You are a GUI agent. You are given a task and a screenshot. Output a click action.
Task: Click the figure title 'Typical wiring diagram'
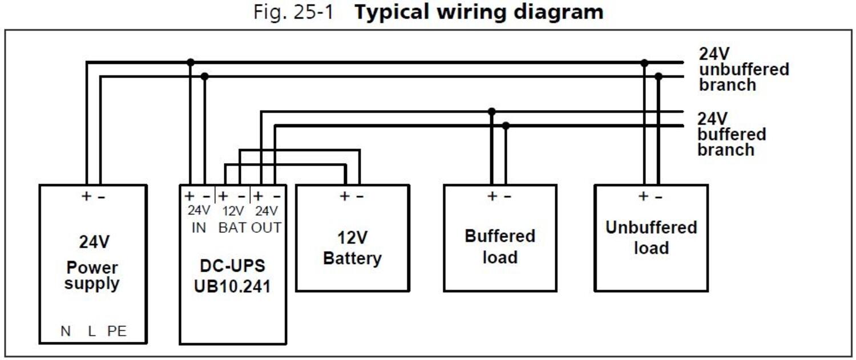pos(478,12)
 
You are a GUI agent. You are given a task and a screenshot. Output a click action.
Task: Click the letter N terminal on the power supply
pos(66,331)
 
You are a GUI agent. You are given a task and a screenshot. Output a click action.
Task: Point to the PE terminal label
pos(117,331)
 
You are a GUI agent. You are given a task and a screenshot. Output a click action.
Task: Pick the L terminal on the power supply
pos(91,331)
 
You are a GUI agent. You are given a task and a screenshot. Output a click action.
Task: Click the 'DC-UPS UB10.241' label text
pos(232,275)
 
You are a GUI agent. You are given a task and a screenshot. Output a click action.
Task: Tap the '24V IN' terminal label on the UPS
pos(199,219)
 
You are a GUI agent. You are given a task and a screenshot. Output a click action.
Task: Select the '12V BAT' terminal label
pos(232,219)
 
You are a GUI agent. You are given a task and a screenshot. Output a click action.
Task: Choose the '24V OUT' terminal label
pos(266,219)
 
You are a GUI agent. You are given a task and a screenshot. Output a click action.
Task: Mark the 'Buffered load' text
pos(500,246)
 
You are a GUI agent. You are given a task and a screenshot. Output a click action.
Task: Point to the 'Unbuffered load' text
pos(651,237)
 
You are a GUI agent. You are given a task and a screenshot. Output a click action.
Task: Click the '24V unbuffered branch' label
pos(743,70)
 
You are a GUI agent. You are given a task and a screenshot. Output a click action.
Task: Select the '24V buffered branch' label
pos(731,135)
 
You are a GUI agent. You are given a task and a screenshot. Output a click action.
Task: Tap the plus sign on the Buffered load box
pos(492,196)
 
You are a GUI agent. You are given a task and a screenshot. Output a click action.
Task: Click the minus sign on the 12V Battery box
pos(360,196)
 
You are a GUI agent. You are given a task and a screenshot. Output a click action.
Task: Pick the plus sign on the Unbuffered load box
pos(643,196)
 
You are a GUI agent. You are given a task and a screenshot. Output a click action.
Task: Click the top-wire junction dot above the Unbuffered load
pos(644,62)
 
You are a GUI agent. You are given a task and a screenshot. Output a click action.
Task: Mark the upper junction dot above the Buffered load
pos(491,111)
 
